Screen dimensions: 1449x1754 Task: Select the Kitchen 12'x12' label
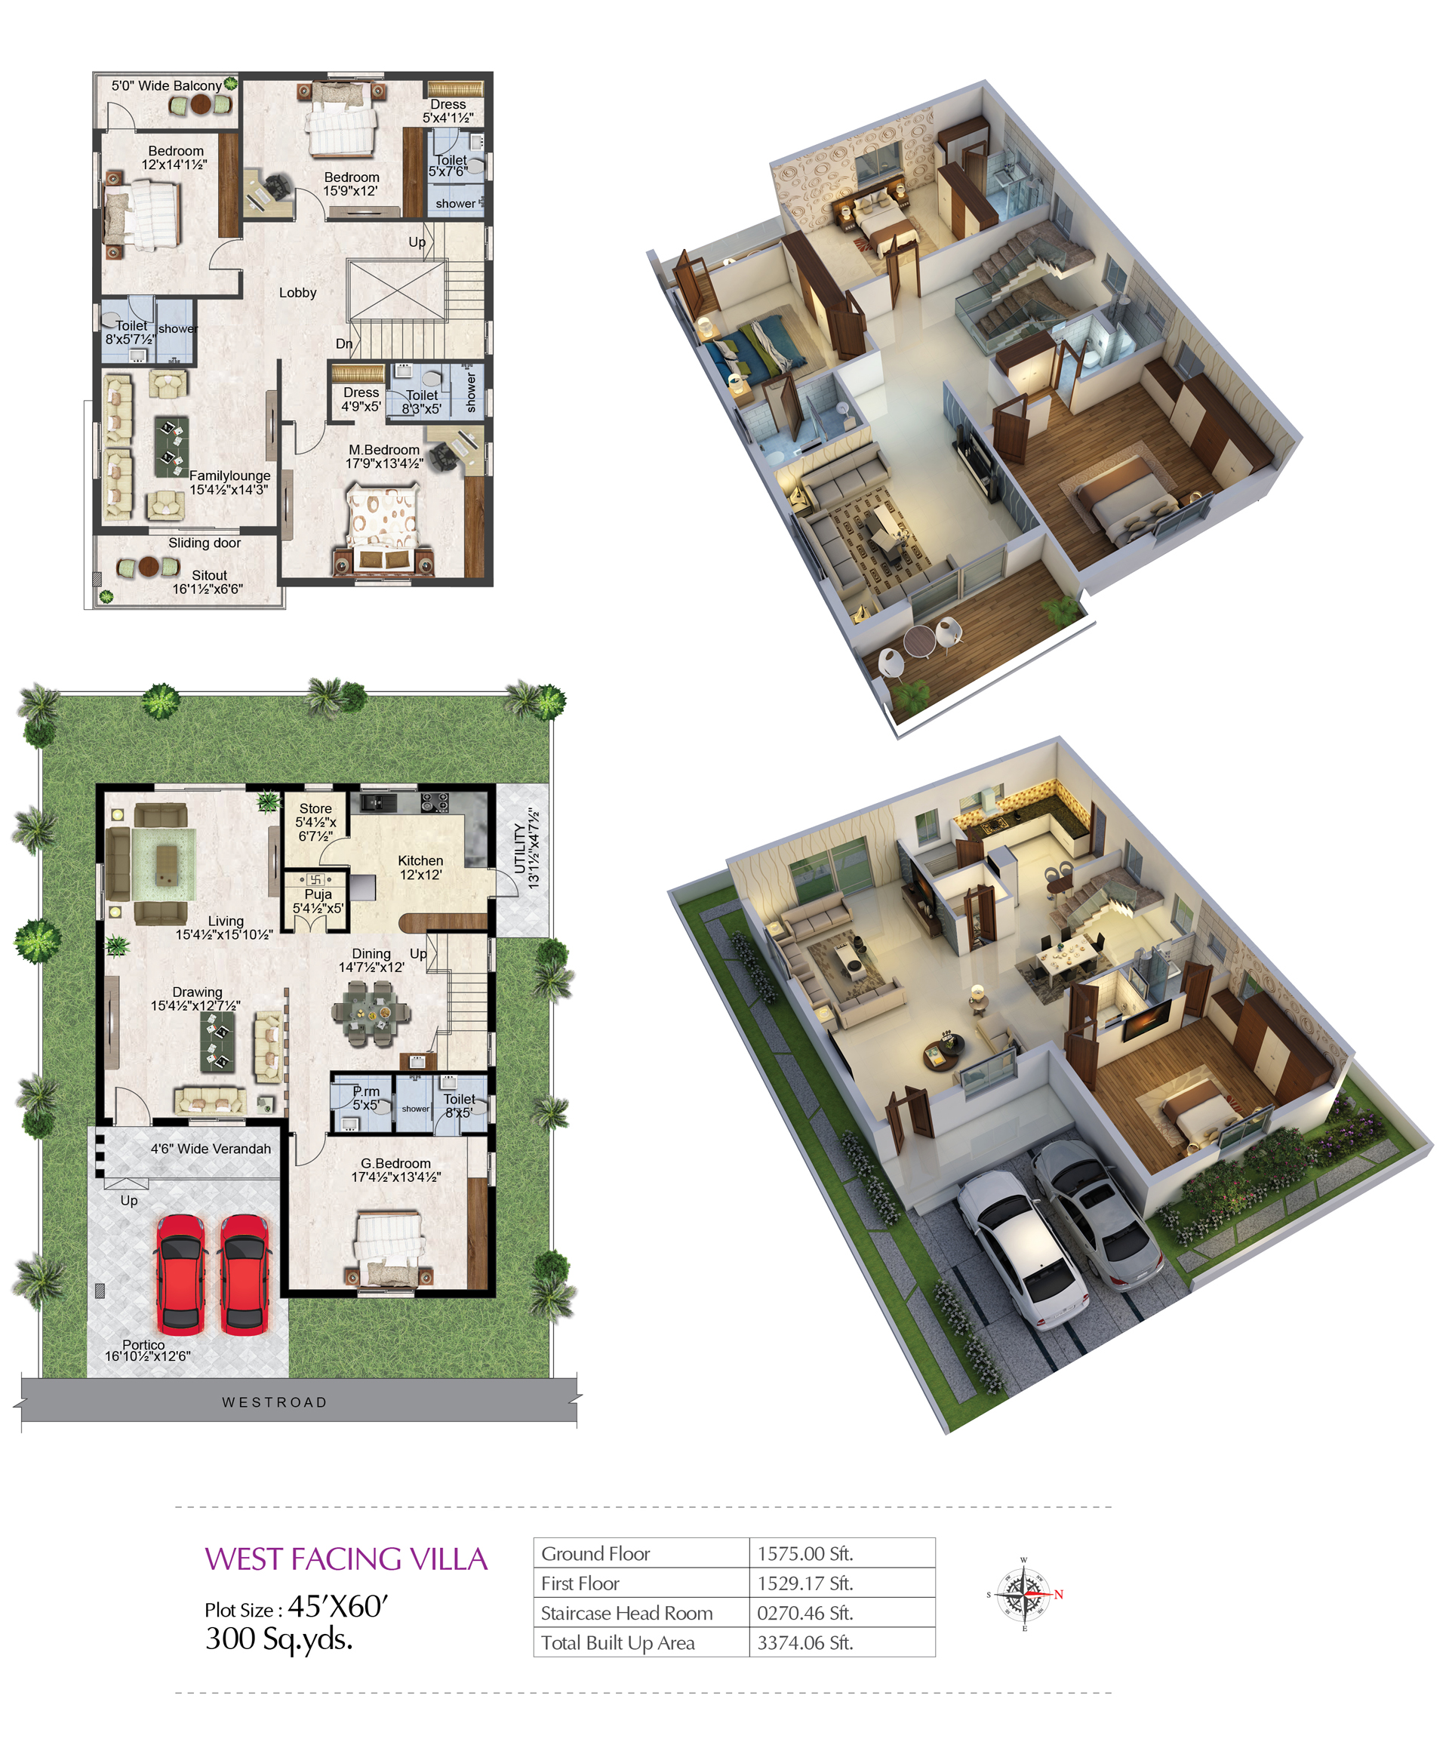[420, 867]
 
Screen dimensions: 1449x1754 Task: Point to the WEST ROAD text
[275, 1402]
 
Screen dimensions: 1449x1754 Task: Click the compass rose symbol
[1024, 1594]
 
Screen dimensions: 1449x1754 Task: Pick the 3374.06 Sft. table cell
[804, 1642]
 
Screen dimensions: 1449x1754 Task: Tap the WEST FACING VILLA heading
[346, 1559]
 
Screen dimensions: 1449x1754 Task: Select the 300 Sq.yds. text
[278, 1639]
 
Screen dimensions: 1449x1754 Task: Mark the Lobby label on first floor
[298, 292]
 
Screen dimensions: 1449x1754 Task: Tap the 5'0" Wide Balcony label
[167, 85]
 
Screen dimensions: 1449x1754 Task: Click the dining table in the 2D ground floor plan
[371, 1013]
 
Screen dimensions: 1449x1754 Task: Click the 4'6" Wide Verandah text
[211, 1149]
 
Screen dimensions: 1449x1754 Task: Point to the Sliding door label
[205, 543]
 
